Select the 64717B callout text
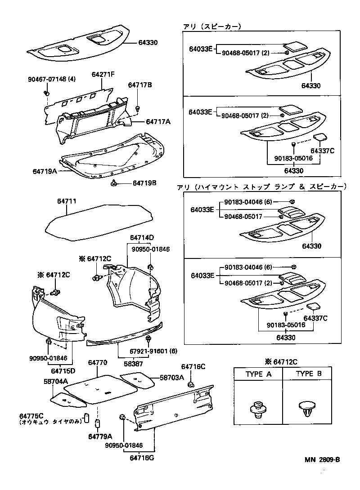[x=140, y=85]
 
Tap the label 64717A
[x=158, y=121]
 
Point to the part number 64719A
[x=45, y=171]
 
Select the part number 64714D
[x=142, y=237]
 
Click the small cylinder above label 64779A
[x=97, y=423]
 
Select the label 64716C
[x=193, y=367]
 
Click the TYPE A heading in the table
[x=258, y=374]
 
